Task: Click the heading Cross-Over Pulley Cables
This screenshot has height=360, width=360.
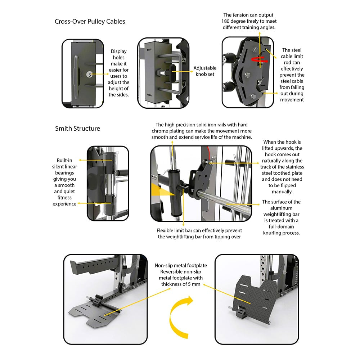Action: (90, 21)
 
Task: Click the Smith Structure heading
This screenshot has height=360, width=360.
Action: (77, 129)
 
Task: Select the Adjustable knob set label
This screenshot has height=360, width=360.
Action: (205, 71)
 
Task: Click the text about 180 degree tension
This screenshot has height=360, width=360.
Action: (248, 21)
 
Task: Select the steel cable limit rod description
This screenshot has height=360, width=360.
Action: (292, 75)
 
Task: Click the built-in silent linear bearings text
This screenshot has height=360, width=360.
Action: (64, 182)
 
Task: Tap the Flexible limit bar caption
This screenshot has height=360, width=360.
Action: (199, 233)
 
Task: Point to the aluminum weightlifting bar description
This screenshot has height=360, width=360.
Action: (281, 217)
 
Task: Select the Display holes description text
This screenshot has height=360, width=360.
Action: (118, 73)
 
